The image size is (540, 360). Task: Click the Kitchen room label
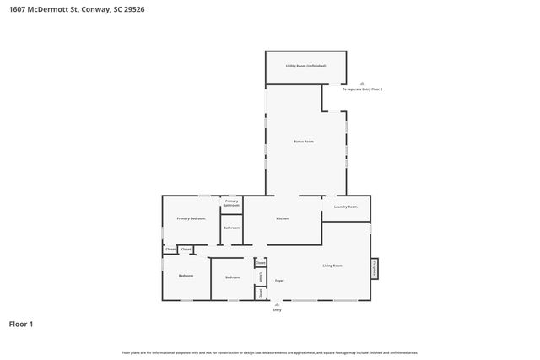pos(282,218)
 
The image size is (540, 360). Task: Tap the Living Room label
pos(332,266)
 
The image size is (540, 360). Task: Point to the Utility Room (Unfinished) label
pos(305,65)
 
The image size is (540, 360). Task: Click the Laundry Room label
pos(346,207)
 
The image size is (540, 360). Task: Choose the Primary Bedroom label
pos(192,218)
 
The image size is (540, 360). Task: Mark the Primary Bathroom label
pos(231,203)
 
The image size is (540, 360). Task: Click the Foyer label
pos(278,280)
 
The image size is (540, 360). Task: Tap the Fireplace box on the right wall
pos(374,267)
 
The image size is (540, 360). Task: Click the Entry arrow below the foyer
pos(277,304)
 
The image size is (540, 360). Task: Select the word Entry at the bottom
pos(277,310)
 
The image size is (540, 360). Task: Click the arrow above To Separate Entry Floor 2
pos(362,83)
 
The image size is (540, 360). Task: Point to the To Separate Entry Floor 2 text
pos(362,89)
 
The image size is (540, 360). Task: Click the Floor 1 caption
pos(21,324)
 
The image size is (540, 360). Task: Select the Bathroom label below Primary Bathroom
pos(231,228)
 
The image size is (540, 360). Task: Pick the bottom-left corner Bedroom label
pos(186,276)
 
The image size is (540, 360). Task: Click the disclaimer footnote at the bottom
pos(269,352)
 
